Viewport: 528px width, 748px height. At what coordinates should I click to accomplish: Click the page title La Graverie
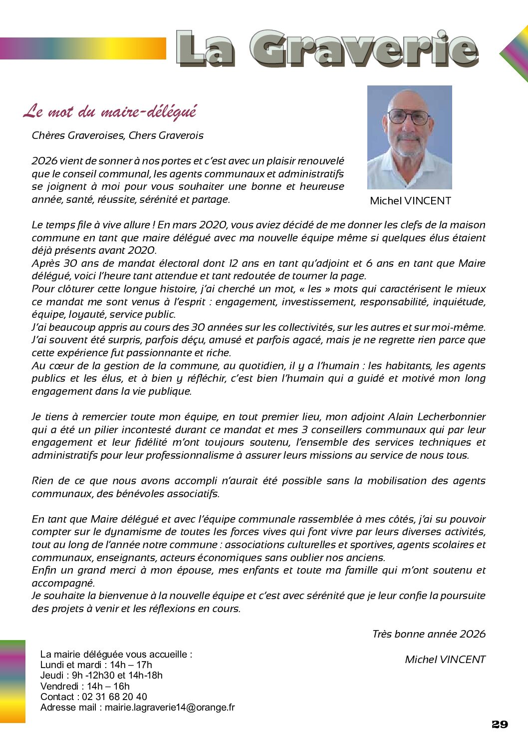coord(327,49)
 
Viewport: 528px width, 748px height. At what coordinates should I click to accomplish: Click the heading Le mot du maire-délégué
coord(110,111)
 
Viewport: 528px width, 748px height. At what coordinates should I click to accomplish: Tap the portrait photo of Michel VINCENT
coord(409,137)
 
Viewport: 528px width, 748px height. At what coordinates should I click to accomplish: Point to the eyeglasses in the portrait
coord(409,117)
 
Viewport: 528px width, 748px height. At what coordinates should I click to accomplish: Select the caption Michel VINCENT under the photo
coord(410,201)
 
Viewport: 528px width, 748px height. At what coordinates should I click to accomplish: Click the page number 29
coord(500,725)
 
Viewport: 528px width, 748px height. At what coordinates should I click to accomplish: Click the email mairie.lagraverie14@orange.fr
coord(170,707)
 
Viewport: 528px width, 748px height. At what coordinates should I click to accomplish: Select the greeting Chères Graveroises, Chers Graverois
coord(118,135)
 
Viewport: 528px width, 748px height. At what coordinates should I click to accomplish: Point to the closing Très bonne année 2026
coord(429,634)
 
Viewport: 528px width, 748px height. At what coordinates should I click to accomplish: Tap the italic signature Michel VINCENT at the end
coord(445,660)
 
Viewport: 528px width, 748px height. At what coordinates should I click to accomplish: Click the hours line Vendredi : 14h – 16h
coord(85,686)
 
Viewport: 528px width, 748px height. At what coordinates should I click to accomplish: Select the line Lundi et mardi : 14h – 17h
coord(96,665)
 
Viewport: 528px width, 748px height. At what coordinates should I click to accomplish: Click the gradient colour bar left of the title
coord(83,48)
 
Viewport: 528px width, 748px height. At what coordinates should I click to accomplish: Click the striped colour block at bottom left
coord(12,681)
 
